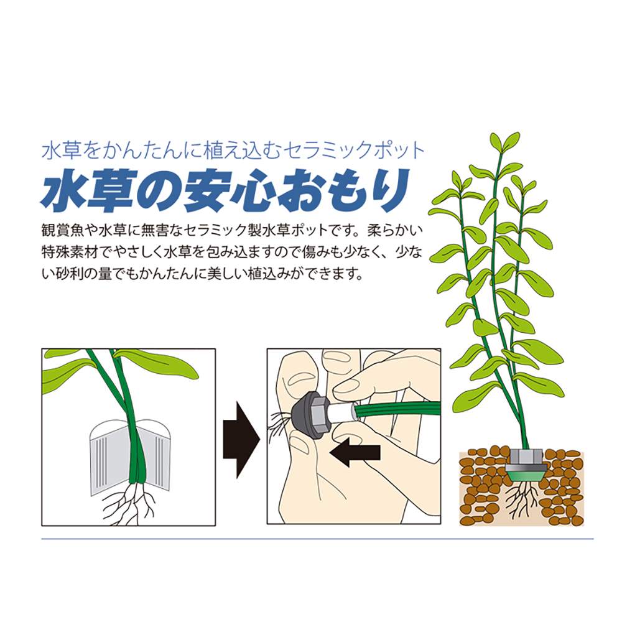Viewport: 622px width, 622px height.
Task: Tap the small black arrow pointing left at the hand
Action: (355, 452)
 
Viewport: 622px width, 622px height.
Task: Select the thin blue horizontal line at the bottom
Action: (317, 539)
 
